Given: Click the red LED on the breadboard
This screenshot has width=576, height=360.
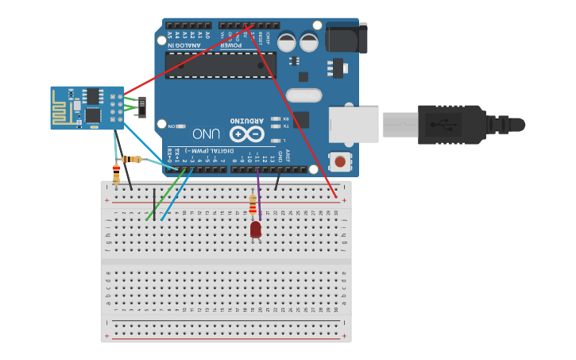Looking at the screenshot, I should [255, 229].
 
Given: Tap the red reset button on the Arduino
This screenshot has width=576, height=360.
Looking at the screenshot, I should [340, 161].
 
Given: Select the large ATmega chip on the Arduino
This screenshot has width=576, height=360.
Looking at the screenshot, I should [220, 65].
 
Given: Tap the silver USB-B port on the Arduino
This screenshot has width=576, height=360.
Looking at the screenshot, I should [354, 125].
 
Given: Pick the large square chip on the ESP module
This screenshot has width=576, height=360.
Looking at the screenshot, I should [93, 114].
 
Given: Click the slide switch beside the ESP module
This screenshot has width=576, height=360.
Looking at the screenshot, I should [141, 106].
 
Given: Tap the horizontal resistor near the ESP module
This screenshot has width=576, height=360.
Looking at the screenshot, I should [133, 160].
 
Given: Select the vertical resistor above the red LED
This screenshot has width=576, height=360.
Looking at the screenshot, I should [253, 205].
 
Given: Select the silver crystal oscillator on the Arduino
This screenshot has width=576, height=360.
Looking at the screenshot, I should [303, 95].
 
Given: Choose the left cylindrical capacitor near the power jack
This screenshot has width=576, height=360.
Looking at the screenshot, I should [287, 42].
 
